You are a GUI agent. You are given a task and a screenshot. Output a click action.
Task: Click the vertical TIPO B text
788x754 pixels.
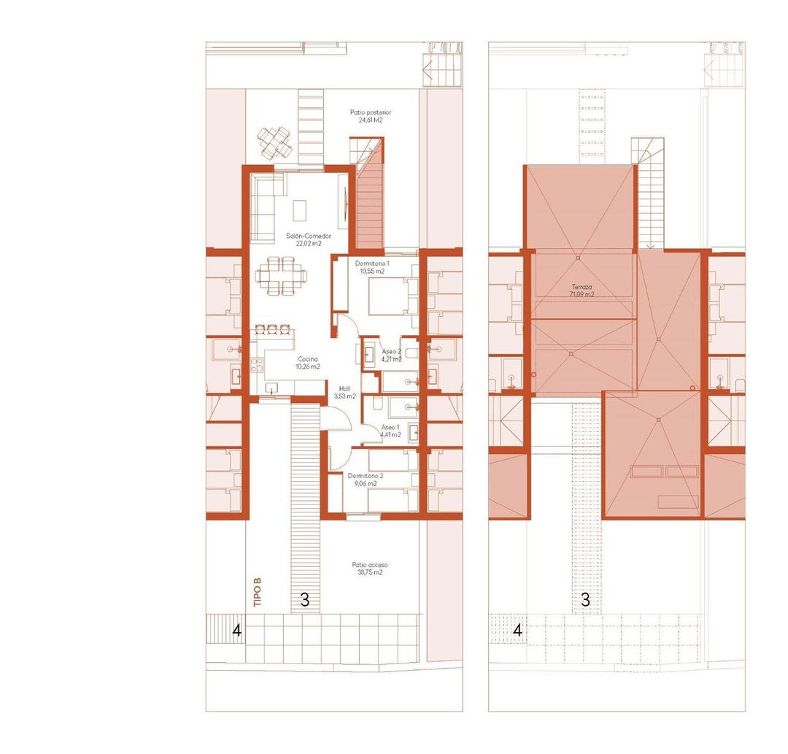(257, 593)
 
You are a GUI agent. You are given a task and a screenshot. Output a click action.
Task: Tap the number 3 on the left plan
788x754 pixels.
(305, 601)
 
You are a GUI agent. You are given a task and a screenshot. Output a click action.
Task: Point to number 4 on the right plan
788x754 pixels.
(517, 629)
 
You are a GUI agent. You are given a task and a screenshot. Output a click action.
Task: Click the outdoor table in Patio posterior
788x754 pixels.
(274, 142)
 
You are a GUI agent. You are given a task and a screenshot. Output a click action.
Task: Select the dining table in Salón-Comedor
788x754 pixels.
(281, 276)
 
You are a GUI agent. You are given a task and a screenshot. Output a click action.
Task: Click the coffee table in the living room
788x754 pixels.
(300, 210)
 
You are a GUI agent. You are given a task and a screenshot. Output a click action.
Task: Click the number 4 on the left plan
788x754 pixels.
(237, 629)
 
